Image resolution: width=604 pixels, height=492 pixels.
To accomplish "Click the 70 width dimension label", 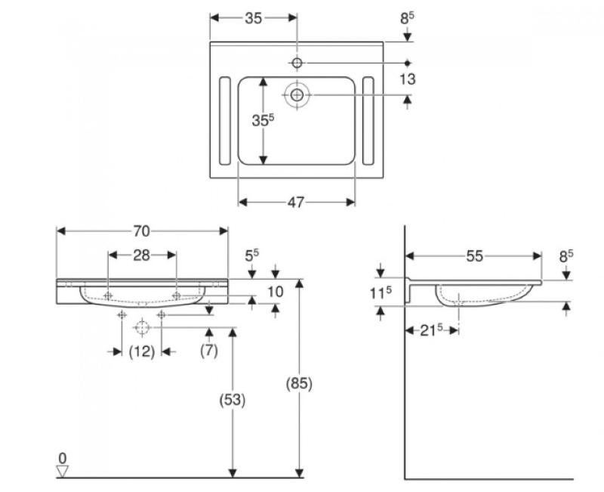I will pyautogui.click(x=141, y=231).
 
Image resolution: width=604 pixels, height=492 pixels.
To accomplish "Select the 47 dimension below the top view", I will pyautogui.click(x=296, y=202).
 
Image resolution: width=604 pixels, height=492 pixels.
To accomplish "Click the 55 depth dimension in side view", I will pyautogui.click(x=473, y=256).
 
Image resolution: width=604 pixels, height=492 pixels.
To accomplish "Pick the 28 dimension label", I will pyautogui.click(x=141, y=255).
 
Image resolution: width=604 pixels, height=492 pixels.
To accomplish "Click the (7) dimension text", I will pyautogui.click(x=210, y=351).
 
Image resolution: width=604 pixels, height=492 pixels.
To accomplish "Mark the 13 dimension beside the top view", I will pyautogui.click(x=408, y=79).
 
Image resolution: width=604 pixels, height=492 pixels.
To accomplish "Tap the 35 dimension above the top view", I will pyautogui.click(x=253, y=18).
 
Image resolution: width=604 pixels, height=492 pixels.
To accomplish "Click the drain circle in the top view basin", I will pyautogui.click(x=297, y=94).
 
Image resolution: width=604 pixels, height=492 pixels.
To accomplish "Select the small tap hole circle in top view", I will pyautogui.click(x=297, y=62).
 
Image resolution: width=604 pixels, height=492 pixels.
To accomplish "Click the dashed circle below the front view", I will pyautogui.click(x=141, y=328).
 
